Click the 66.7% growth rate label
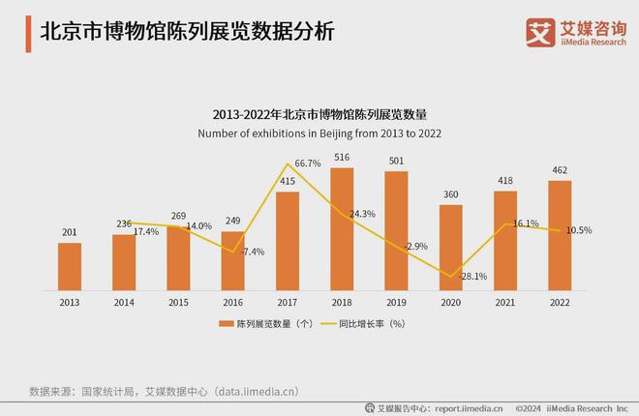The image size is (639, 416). [x=307, y=163]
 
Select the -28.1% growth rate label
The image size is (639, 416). [x=444, y=276]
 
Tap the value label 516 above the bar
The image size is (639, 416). [x=343, y=157]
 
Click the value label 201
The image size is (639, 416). [x=69, y=231]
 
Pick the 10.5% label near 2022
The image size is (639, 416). [x=579, y=230]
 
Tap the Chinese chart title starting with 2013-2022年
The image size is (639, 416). [x=319, y=113]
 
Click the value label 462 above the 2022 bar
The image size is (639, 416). [x=560, y=169]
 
